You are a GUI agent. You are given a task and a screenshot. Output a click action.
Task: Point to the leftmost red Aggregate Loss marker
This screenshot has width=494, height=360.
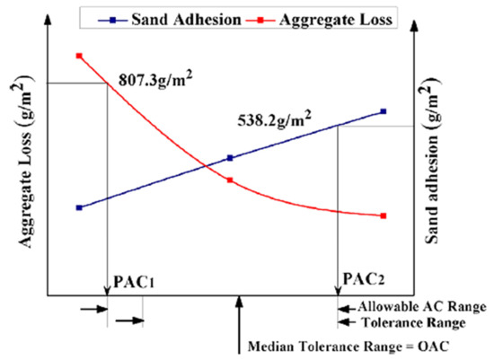click(79, 56)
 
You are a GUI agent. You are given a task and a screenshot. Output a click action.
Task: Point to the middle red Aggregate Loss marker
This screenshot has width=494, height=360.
click(231, 180)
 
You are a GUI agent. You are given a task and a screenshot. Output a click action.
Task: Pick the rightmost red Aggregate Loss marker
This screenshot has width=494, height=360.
click(384, 215)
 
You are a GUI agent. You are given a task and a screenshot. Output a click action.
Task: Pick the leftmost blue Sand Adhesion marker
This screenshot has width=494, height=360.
click(79, 207)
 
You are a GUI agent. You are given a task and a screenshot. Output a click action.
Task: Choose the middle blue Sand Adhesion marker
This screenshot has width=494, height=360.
click(231, 158)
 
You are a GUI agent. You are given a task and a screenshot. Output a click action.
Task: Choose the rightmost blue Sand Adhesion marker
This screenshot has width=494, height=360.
click(384, 111)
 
